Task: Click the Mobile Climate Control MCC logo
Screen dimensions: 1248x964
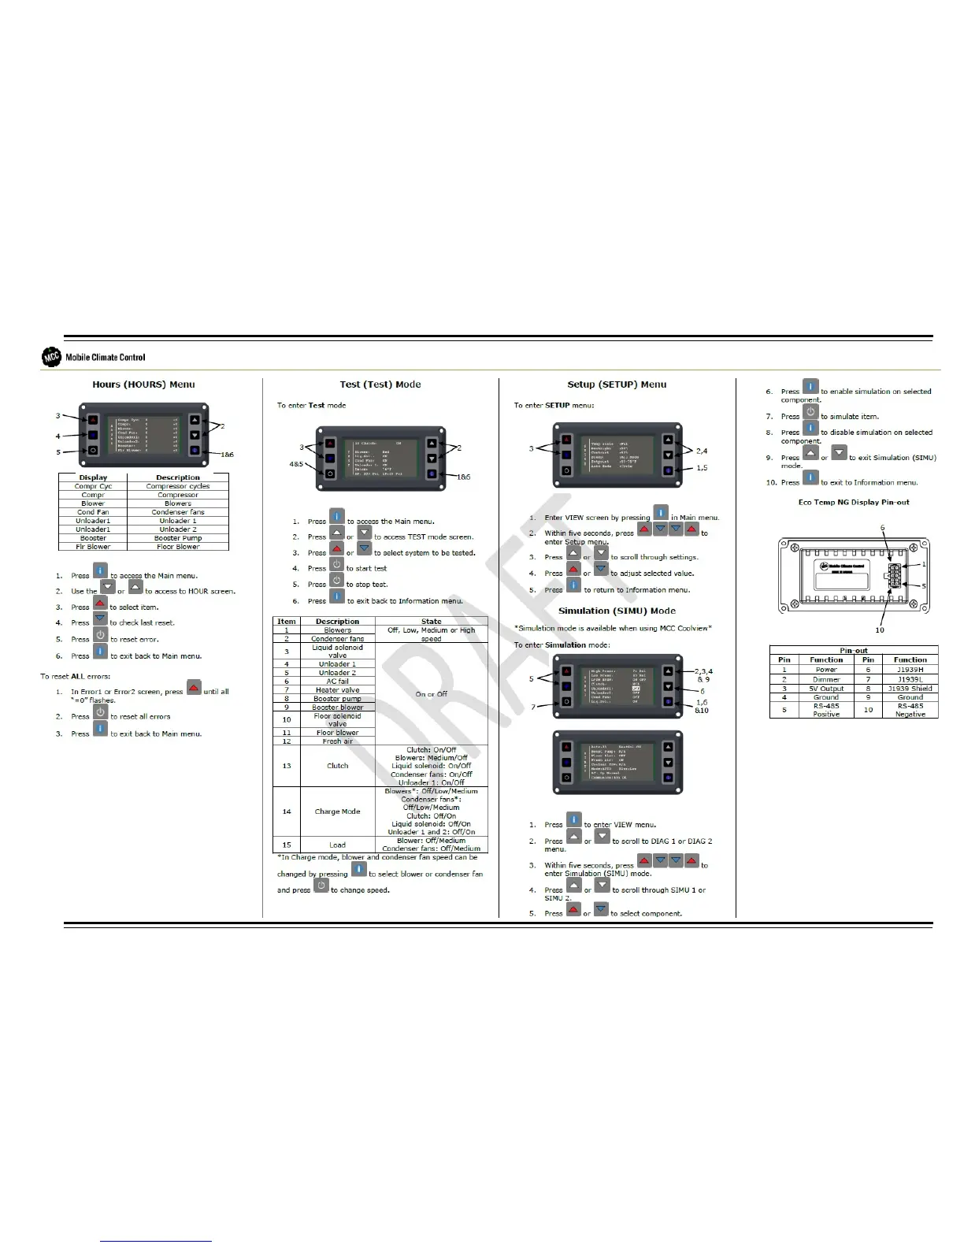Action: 52,357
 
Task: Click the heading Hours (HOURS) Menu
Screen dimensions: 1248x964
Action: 143,384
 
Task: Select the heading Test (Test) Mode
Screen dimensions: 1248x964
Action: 380,384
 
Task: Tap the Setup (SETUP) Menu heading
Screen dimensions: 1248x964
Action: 617,384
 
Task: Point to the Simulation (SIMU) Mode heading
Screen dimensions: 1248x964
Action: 617,611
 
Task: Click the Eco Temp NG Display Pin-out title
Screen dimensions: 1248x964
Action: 854,502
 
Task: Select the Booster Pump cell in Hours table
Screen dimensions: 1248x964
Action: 178,538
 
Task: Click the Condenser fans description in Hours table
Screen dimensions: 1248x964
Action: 178,512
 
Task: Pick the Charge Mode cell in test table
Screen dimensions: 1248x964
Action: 337,812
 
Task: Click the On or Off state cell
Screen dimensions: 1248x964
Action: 431,694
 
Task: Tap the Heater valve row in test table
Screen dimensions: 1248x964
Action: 337,690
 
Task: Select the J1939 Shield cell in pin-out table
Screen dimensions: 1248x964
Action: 910,689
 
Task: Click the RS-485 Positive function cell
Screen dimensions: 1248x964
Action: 826,710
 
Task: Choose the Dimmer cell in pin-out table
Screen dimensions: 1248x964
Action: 826,679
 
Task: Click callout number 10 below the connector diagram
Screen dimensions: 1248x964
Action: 880,630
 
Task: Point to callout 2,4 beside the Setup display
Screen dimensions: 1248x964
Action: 701,451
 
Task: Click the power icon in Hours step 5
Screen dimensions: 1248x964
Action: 101,636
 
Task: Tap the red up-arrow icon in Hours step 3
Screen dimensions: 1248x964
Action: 100,604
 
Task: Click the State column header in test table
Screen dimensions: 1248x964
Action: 431,622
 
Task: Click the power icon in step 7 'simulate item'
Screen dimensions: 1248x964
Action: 810,413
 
